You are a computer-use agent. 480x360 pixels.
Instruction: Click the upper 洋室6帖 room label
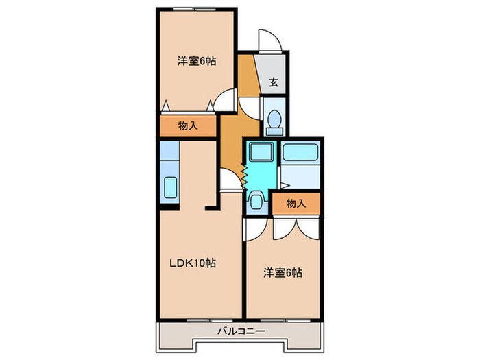click(197, 61)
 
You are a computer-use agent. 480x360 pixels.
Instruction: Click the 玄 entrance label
click(274, 83)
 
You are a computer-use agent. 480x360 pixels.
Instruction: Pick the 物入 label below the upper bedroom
click(188, 125)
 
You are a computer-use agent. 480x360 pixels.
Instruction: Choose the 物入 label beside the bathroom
click(296, 203)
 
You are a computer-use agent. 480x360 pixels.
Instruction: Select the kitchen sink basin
click(170, 187)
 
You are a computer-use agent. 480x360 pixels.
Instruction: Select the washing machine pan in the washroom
click(260, 153)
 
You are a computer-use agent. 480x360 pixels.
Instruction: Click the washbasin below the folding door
click(256, 202)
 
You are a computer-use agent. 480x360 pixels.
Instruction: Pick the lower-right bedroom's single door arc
click(252, 228)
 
